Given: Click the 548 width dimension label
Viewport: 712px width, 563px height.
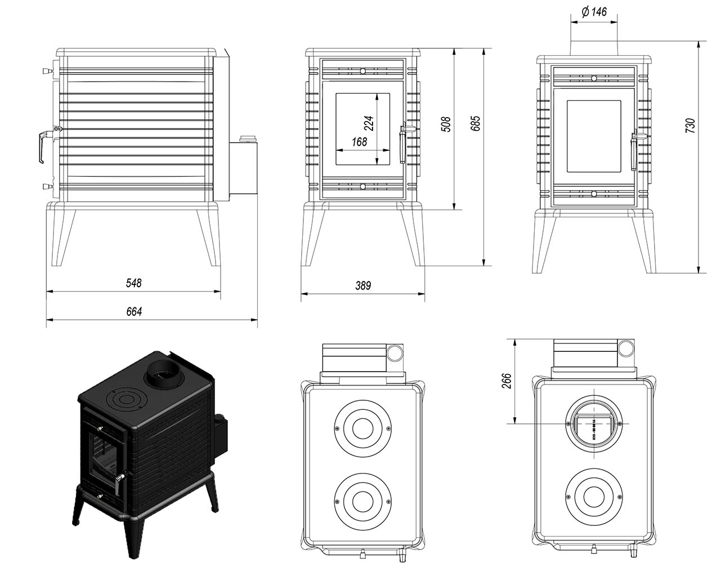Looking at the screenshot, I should click(x=133, y=283).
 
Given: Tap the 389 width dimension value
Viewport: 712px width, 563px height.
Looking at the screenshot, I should click(x=363, y=285).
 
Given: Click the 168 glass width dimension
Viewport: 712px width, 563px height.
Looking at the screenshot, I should click(x=359, y=142).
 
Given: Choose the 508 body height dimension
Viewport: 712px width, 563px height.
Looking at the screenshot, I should click(x=445, y=124).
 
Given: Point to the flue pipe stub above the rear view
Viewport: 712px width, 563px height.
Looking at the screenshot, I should click(x=595, y=48).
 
